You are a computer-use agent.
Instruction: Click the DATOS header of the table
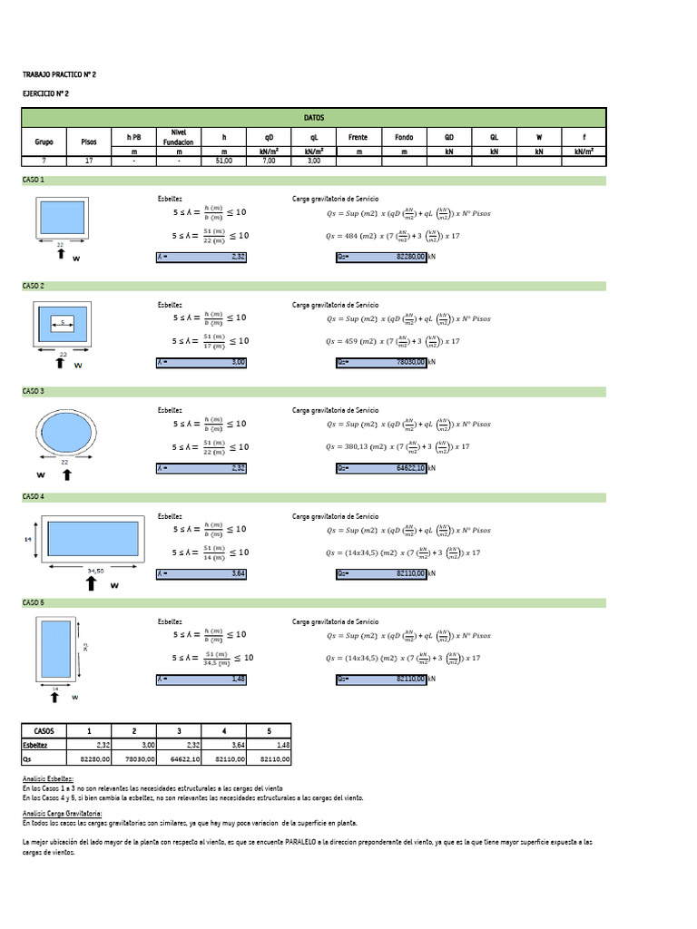point(314,118)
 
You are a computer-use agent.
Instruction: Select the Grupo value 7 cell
point(44,161)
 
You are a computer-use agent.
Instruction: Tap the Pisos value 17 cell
point(88,161)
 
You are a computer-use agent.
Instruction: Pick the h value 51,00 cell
point(223,161)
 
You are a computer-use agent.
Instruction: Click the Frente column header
point(358,137)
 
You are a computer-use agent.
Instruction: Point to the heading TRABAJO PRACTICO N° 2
point(59,74)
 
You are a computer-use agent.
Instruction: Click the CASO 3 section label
point(34,391)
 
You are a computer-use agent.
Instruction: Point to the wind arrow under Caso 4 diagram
point(92,583)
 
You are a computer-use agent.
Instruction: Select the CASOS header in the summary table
point(44,730)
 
